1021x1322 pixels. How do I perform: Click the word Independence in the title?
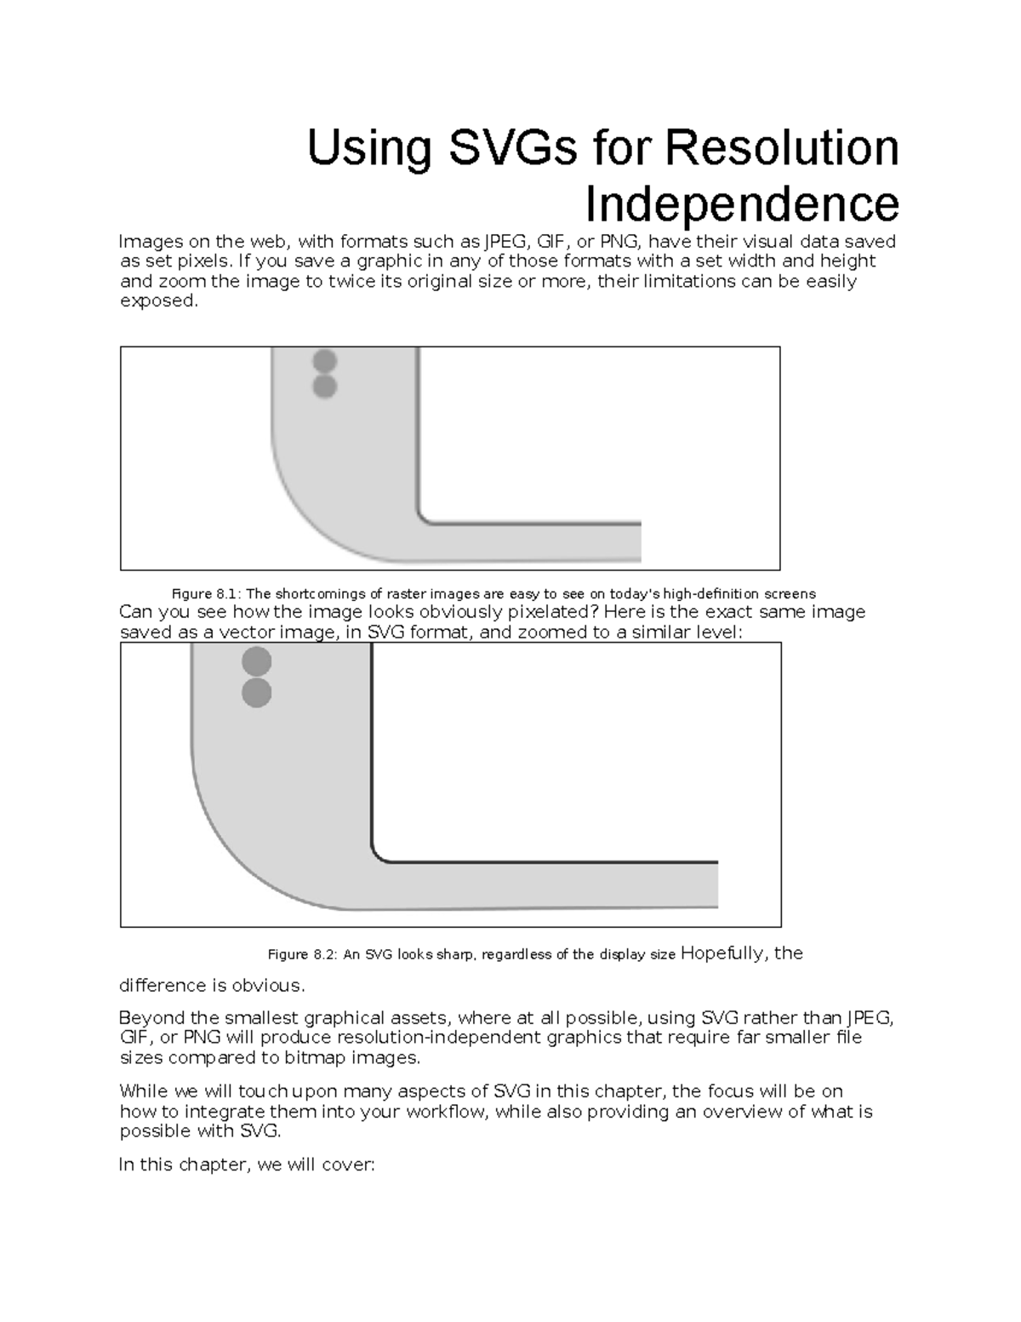click(741, 203)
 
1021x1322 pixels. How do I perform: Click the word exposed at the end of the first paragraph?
click(157, 301)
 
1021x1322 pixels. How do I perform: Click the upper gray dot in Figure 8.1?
click(324, 361)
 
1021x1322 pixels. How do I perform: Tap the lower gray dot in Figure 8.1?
click(324, 387)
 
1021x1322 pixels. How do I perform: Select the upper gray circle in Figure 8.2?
click(256, 661)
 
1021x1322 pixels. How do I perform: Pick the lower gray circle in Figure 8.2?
click(256, 693)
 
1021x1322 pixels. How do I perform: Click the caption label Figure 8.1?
click(206, 594)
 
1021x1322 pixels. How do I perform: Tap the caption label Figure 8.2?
click(303, 954)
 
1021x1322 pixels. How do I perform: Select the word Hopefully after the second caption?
click(724, 953)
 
